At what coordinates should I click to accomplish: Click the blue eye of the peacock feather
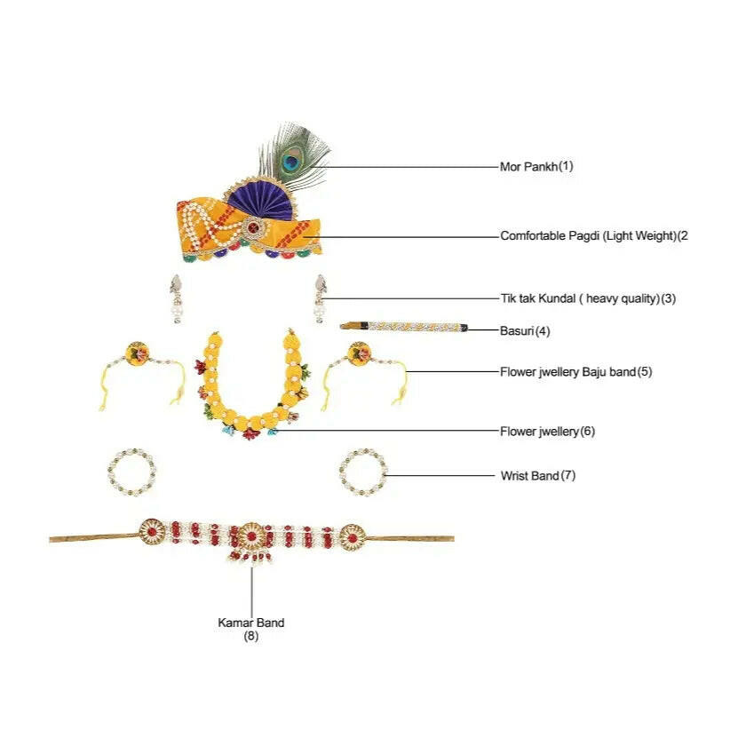292,163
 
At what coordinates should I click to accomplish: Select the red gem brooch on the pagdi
254,229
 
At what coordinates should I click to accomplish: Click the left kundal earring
177,299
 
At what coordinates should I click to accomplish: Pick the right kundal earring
321,299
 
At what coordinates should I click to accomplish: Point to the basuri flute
404,327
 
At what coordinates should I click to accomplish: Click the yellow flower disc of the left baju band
138,353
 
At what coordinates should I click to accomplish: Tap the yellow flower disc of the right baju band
360,353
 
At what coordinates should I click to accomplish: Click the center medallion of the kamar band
251,536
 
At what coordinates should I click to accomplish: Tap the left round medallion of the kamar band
152,532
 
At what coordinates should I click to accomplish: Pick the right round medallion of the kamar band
352,537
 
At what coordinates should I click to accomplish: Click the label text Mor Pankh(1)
536,166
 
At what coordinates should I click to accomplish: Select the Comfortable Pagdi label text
594,235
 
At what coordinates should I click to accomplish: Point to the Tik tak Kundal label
588,298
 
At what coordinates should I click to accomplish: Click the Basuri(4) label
525,331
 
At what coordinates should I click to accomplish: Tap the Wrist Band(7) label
538,475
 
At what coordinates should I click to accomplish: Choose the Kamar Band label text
250,629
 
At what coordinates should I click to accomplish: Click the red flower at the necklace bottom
250,433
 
